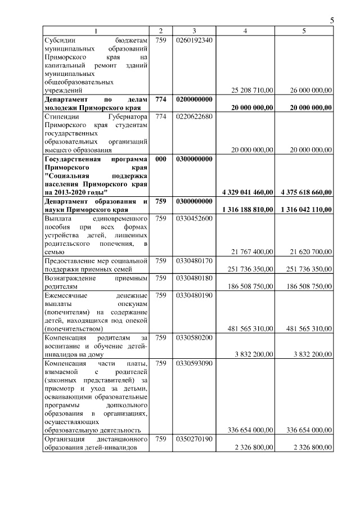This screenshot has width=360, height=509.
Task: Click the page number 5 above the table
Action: click(332, 21)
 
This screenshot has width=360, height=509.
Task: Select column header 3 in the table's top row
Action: click(193, 31)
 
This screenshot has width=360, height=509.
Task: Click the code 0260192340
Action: click(193, 40)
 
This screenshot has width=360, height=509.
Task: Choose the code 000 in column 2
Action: click(161, 159)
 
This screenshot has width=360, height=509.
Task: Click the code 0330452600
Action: click(193, 218)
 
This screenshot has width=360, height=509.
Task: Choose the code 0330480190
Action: click(193, 295)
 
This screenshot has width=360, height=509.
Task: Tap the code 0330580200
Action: click(193, 337)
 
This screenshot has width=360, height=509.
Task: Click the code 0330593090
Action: click(193, 363)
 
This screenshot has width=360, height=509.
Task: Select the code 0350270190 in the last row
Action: click(193, 439)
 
